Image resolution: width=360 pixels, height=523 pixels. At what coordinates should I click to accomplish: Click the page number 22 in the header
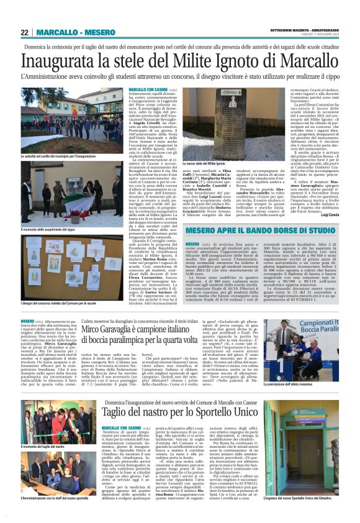pyautogui.click(x=24, y=32)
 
